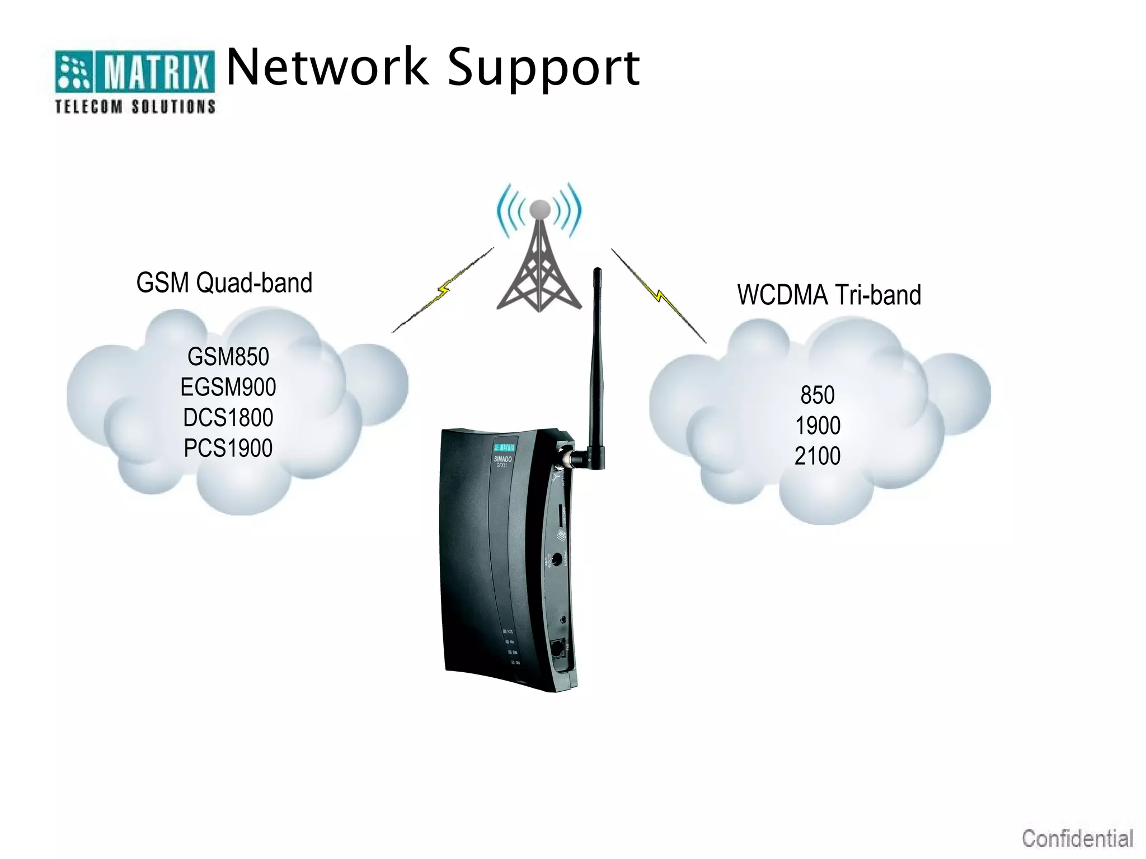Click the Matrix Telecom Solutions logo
coord(134,82)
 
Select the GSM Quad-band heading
coord(224,282)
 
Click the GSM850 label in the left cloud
coord(228,357)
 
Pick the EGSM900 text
coord(228,387)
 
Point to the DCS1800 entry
coord(228,418)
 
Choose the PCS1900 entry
coord(228,448)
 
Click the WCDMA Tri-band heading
coord(829,295)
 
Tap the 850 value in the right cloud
coord(817,395)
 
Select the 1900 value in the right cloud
coord(818,426)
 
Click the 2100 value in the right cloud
coord(818,456)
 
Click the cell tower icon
coord(539,263)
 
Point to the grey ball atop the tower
coord(539,210)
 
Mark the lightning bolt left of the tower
coord(443,290)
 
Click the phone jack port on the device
coord(557,649)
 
